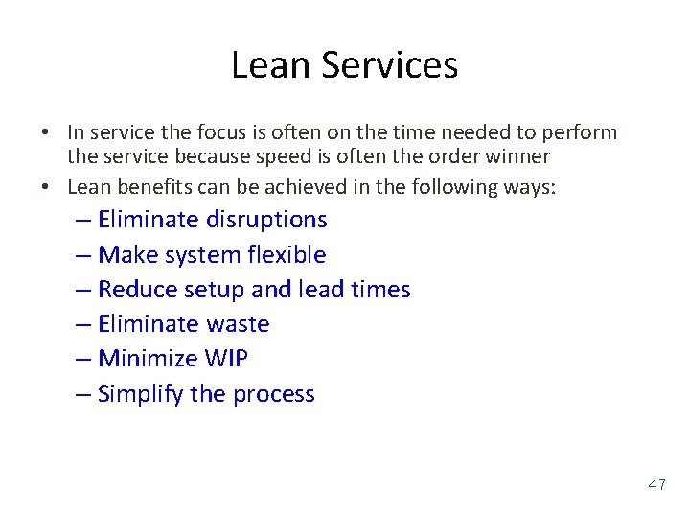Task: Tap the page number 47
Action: click(x=656, y=485)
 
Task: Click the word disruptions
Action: click(x=266, y=220)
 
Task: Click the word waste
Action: click(x=237, y=324)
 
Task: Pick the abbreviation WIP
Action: click(x=226, y=359)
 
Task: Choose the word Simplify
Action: click(x=141, y=394)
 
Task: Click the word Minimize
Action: click(x=148, y=359)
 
